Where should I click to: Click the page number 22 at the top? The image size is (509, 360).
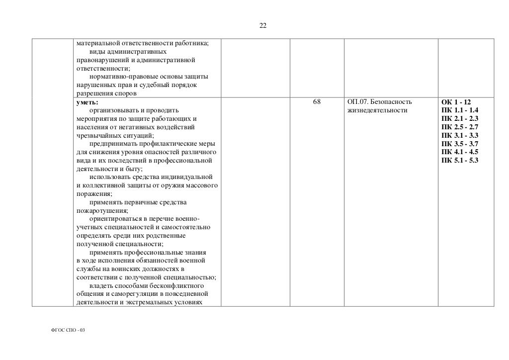pos(263,26)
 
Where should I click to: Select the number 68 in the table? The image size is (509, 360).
pos(317,102)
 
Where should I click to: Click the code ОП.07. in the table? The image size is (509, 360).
pos(357,102)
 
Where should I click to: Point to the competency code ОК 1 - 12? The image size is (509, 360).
pos(456,102)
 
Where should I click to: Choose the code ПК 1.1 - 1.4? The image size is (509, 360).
pos(459,110)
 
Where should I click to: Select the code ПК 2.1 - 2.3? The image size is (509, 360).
pos(459,118)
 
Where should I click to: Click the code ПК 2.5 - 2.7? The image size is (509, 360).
pos(459,127)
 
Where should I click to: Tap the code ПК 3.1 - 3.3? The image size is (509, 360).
pos(459,135)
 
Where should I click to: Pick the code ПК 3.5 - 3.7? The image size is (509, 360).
pos(459,144)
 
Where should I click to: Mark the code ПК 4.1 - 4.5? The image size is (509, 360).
pos(459,152)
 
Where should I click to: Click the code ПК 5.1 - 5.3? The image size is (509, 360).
pos(459,160)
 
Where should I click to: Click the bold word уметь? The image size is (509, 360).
pos(87,102)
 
